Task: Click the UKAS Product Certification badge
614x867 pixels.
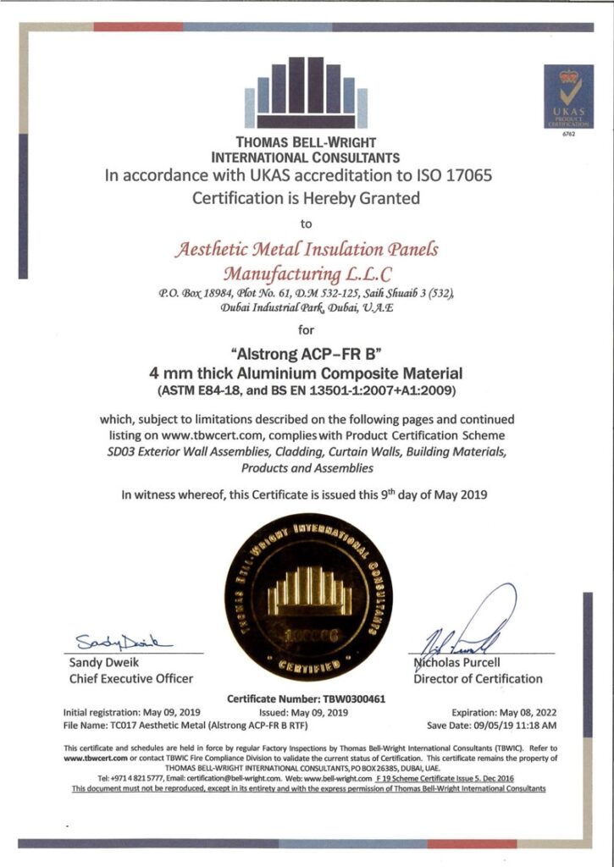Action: [x=568, y=97]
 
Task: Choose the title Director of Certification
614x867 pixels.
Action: [x=478, y=678]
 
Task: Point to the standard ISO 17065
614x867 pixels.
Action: [x=450, y=176]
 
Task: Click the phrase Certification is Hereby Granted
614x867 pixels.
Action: [x=306, y=200]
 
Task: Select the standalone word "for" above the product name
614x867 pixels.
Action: [x=307, y=329]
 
